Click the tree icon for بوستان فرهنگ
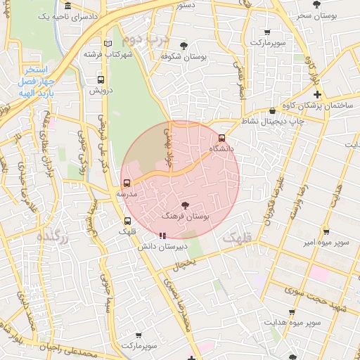tap(185, 205)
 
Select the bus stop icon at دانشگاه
tap(222, 138)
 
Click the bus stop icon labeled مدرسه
tap(127, 183)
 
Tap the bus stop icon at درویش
tap(101, 79)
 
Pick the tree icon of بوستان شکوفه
tap(184, 46)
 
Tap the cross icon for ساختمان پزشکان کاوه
tap(317, 94)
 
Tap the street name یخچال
tap(184, 262)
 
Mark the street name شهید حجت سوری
tap(320, 300)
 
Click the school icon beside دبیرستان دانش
tap(162, 236)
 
